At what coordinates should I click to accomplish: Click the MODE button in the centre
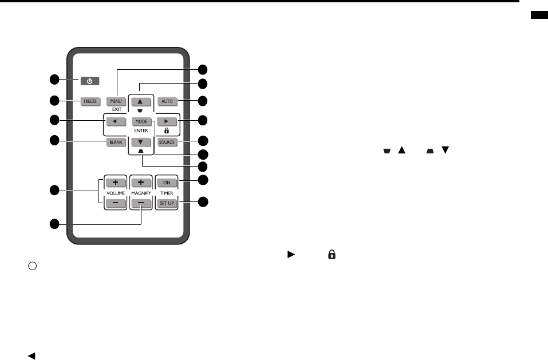(x=142, y=122)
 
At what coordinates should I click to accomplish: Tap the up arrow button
(x=142, y=102)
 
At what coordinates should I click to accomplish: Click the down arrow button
(x=142, y=142)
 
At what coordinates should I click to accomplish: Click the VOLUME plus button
(x=115, y=183)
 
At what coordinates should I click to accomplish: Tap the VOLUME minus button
(x=115, y=203)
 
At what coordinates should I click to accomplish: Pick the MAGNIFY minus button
(x=141, y=203)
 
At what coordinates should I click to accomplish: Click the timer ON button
(x=168, y=183)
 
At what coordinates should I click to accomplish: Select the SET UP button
(x=168, y=203)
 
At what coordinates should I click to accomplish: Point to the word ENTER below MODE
(x=141, y=131)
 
